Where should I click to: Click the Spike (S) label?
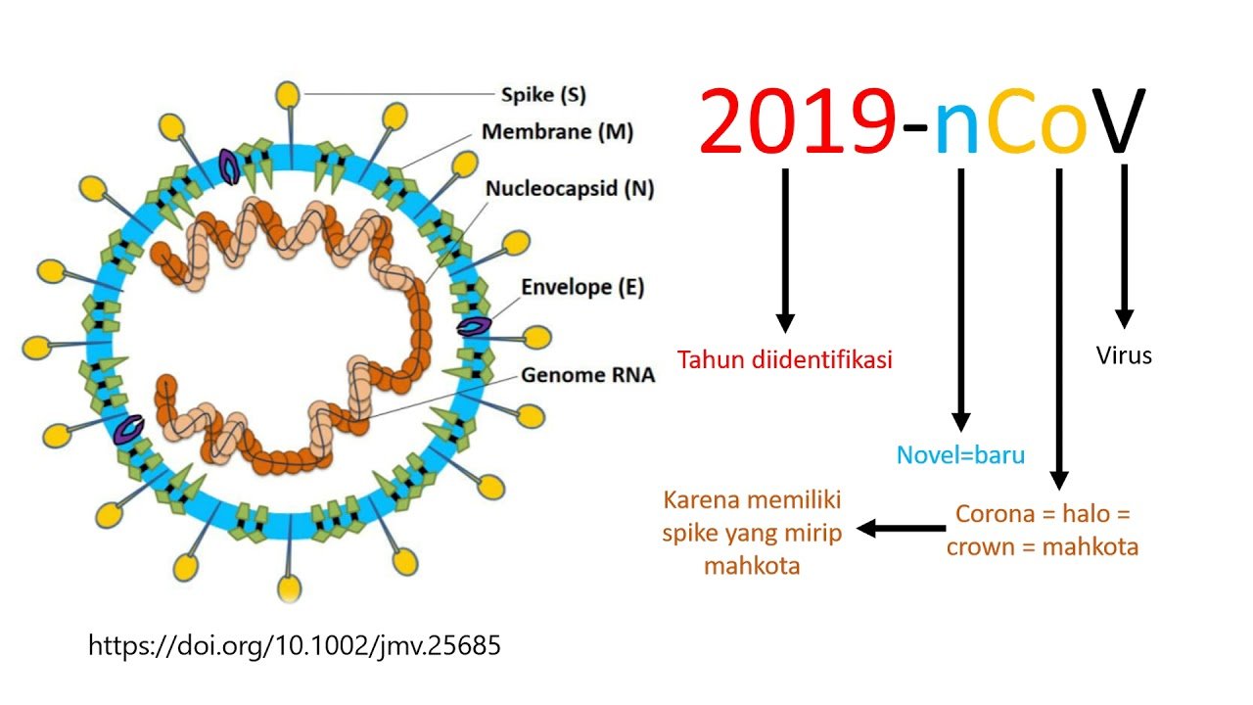pos(543,95)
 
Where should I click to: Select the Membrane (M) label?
pos(557,132)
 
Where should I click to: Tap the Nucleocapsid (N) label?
pos(570,189)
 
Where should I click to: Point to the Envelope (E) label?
pos(582,287)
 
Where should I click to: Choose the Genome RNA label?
pos(587,375)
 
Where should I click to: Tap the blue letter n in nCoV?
pos(957,128)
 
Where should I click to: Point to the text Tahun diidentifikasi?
pos(784,359)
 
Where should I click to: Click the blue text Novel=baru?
pos(960,455)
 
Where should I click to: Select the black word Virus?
pos(1124,355)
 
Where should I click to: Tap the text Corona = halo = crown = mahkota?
pos(1043,531)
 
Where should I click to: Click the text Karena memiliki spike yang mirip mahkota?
pos(752,533)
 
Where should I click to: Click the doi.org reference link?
pos(295,645)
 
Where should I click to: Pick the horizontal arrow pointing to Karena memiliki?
pos(902,528)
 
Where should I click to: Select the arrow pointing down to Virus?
pos(1125,246)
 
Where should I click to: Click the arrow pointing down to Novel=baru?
pos(961,300)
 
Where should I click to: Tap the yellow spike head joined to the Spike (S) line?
pos(288,95)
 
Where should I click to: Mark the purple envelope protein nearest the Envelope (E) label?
pos(475,326)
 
